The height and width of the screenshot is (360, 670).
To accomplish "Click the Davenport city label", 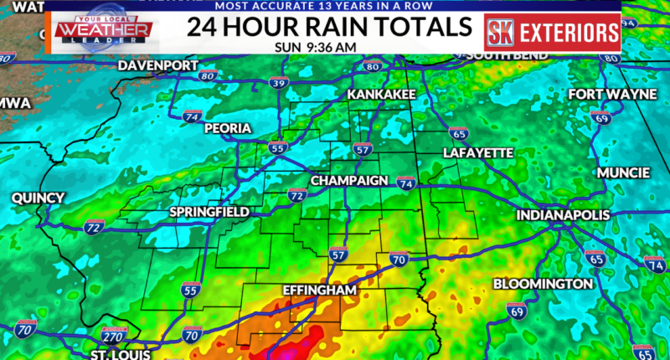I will (157, 64).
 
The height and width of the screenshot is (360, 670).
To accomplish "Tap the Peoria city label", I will (226, 128).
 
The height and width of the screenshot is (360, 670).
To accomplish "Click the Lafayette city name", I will (477, 152).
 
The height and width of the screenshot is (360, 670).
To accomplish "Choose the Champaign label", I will (349, 181).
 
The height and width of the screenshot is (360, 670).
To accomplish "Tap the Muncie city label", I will (623, 172).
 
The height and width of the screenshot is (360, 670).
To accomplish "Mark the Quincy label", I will (38, 198).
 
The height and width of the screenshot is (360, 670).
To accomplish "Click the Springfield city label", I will (209, 212).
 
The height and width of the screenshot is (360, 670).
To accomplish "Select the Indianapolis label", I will (562, 215).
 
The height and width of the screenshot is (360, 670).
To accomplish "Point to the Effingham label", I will (319, 290).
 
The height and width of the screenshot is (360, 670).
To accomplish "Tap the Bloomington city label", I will (543, 284).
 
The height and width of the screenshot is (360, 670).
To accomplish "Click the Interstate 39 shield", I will (278, 83).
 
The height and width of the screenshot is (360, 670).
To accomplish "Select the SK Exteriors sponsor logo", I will (552, 33).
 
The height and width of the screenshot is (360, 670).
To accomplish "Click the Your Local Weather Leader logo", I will (103, 32).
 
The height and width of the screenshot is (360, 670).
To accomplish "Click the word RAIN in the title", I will (327, 26).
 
